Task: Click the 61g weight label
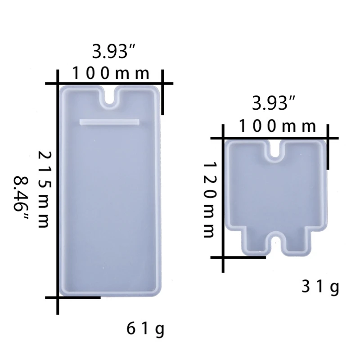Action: point(145,330)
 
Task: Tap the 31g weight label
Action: point(320,286)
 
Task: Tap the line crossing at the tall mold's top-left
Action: point(58,83)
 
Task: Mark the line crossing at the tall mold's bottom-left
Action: point(58,297)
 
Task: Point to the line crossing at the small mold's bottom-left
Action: point(224,257)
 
